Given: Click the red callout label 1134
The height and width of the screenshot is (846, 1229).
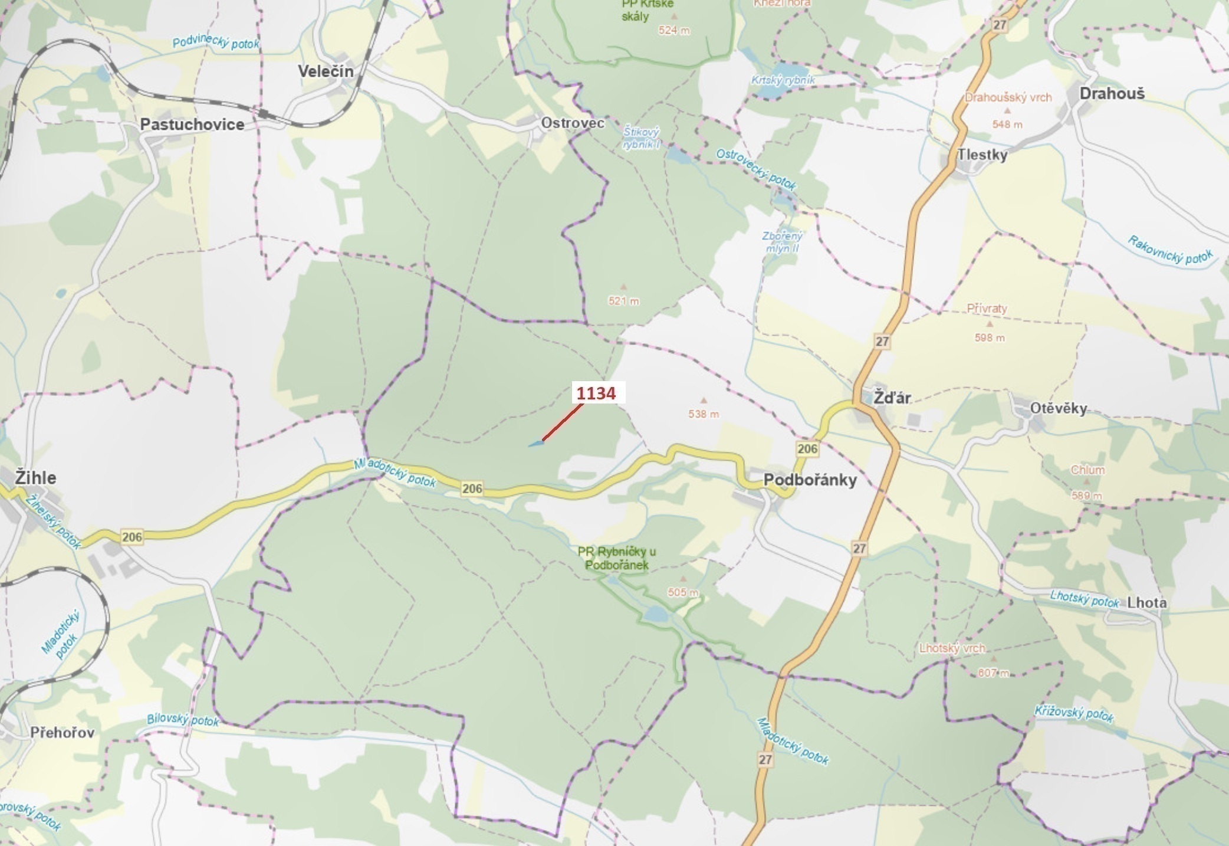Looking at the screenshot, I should [x=596, y=394].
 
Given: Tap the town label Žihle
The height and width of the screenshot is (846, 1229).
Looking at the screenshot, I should [x=35, y=477].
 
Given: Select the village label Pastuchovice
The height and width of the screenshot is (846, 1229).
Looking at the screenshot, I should [x=192, y=124].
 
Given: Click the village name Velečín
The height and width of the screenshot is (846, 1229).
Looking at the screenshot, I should [x=326, y=71].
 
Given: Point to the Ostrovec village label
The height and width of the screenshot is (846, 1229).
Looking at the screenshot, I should [x=573, y=123].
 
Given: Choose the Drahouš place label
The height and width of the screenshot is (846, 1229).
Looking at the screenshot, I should [x=1112, y=93].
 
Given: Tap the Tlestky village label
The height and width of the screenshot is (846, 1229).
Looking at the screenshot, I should [x=982, y=155].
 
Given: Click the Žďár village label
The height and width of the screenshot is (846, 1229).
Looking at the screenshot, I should [x=892, y=398].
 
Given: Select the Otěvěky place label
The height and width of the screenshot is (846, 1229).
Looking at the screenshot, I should [x=1059, y=408].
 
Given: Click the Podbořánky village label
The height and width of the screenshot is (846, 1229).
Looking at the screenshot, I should [x=810, y=480].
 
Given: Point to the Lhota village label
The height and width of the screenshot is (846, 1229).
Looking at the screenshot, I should [x=1146, y=602].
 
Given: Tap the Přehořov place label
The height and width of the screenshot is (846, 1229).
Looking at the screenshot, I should [x=62, y=732].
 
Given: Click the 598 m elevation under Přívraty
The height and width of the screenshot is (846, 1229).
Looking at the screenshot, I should [x=989, y=338].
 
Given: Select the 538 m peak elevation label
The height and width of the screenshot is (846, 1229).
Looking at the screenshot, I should [x=704, y=414].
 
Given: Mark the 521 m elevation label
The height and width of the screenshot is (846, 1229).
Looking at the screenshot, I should [x=623, y=301].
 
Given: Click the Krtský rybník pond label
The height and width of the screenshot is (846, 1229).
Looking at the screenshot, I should [x=783, y=80].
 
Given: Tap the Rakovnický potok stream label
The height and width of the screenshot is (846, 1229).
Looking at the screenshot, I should [x=1171, y=251].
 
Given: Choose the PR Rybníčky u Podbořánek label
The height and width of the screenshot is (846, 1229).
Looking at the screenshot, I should [x=616, y=558].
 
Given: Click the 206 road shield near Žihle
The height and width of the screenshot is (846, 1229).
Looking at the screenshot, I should [x=132, y=536].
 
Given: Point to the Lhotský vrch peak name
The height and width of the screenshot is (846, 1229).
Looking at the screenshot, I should [x=952, y=648].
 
